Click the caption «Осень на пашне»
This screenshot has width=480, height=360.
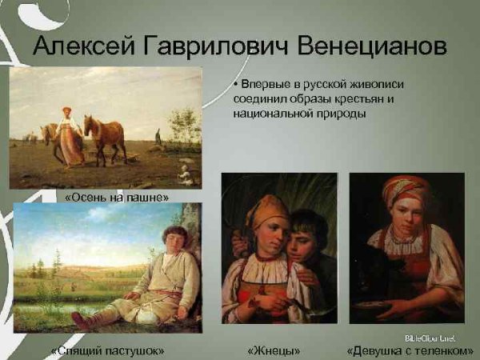[117, 196]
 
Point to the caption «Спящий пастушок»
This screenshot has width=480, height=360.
[106, 350]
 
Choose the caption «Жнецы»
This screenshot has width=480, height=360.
[274, 350]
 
